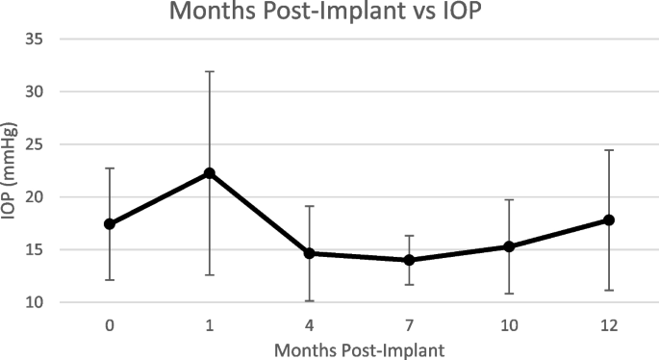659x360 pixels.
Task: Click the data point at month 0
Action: tap(110, 224)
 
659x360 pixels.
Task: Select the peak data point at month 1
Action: tap(209, 173)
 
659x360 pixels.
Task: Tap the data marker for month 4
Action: tap(309, 253)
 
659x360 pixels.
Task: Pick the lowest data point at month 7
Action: tap(409, 260)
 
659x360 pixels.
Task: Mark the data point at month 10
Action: tap(509, 246)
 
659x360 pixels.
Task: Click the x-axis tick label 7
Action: tap(409, 325)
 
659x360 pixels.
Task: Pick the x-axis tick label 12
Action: tap(609, 325)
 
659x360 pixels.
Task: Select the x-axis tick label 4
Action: tap(309, 325)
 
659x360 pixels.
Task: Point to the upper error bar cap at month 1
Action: tap(209, 71)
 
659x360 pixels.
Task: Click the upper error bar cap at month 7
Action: tap(409, 236)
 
